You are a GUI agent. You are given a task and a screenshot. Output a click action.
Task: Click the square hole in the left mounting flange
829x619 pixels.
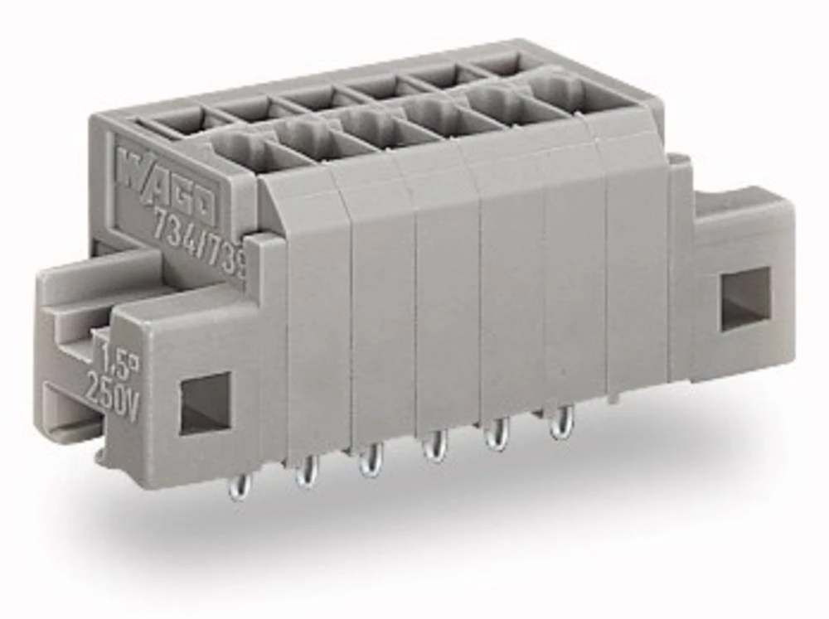pyautogui.click(x=205, y=403)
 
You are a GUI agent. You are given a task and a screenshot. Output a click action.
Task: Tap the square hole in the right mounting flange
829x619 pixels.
pyautogui.click(x=744, y=298)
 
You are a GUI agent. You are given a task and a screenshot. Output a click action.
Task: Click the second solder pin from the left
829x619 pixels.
pyautogui.click(x=307, y=472)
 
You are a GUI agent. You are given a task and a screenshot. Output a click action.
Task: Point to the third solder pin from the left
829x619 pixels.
pyautogui.click(x=370, y=460)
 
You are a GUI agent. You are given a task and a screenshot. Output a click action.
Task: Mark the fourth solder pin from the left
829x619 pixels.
pyautogui.click(x=434, y=447)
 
